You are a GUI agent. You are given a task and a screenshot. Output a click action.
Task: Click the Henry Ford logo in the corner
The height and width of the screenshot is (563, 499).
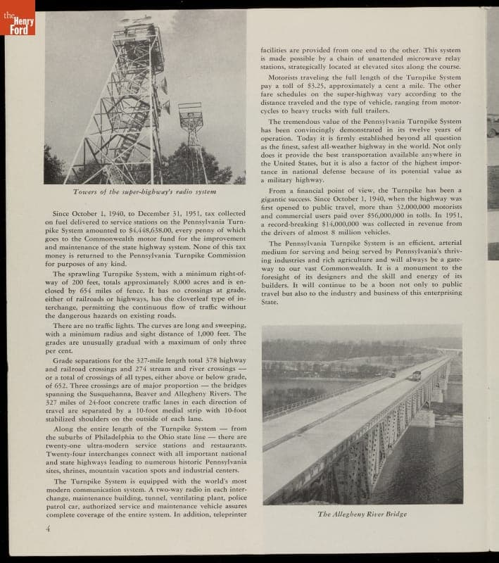pos(17,21)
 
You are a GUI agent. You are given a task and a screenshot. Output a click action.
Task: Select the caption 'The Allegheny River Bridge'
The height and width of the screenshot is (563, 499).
pos(362,514)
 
